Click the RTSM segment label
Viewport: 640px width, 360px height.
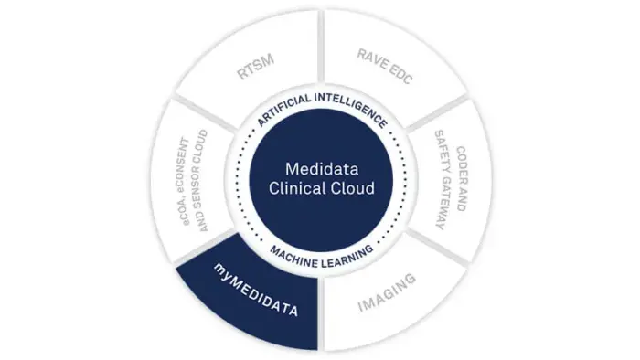(255, 67)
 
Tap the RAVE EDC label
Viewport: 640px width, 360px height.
(385, 67)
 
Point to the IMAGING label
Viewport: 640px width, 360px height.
(387, 292)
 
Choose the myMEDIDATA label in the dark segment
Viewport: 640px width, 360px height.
(256, 290)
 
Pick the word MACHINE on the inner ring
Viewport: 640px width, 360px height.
(293, 258)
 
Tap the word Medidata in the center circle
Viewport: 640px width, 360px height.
(322, 169)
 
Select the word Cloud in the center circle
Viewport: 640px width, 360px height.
(351, 188)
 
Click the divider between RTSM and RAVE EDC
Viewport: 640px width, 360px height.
(321, 46)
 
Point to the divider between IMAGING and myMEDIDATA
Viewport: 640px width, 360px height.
(321, 314)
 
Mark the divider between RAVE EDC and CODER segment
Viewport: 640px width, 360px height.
(436, 113)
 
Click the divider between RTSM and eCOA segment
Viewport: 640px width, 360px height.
(206, 113)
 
